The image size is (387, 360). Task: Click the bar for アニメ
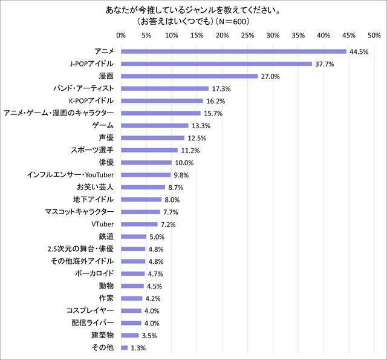click(x=233, y=51)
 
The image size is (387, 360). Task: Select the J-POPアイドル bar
click(x=216, y=64)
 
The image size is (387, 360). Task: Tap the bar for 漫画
click(x=189, y=76)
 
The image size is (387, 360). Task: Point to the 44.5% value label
click(x=359, y=51)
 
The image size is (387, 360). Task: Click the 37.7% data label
click(x=325, y=64)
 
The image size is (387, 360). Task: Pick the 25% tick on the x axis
click(x=248, y=36)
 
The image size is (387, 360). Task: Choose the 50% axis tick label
click(x=374, y=36)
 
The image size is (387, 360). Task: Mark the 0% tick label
click(x=121, y=36)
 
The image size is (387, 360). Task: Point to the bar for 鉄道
click(x=134, y=237)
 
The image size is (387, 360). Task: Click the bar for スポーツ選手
click(x=149, y=150)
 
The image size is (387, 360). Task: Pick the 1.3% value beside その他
click(x=138, y=348)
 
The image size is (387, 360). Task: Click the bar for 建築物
click(x=130, y=335)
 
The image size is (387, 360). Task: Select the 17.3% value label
click(x=221, y=88)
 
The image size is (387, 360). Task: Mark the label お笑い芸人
click(x=97, y=187)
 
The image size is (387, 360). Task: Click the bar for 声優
click(x=152, y=138)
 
